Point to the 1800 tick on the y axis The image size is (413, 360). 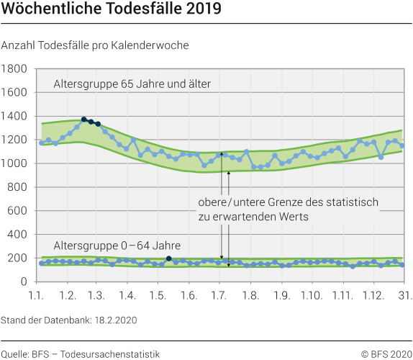15,69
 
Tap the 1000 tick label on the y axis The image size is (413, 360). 15,163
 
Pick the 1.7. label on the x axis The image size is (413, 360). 220,296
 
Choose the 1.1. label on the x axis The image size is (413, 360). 37,296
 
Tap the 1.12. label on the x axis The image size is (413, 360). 373,296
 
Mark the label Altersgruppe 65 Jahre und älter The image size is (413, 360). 132,84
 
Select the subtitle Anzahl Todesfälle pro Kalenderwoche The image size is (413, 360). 96,45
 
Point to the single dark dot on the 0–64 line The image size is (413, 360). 168,258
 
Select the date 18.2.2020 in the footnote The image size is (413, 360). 115,318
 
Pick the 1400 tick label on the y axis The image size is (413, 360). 15,116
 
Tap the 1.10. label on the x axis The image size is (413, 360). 312,296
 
